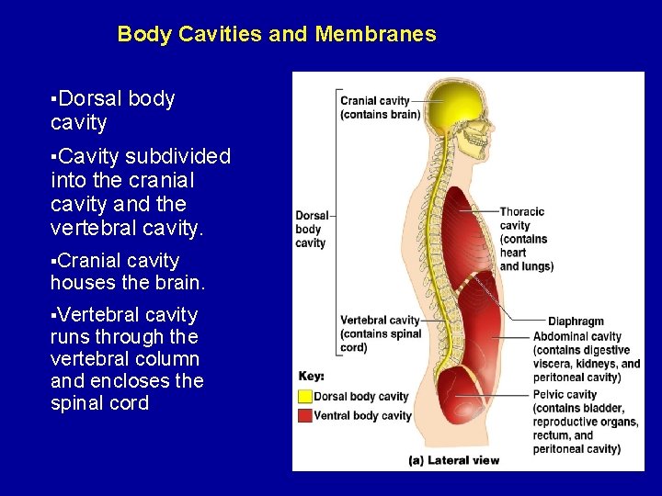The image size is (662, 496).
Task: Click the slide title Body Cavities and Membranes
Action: click(277, 35)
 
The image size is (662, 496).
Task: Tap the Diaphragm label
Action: click(576, 321)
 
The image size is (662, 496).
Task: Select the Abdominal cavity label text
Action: click(586, 356)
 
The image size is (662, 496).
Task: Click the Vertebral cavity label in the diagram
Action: click(380, 333)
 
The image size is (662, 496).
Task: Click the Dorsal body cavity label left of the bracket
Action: click(310, 230)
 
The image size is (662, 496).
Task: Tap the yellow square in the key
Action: click(305, 397)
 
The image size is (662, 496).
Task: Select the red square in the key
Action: click(305, 415)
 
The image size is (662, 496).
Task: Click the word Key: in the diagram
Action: click(311, 377)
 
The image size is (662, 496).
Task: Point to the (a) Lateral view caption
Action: click(453, 458)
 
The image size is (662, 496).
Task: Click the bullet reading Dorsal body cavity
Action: click(112, 110)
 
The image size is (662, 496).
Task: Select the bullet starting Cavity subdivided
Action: click(141, 191)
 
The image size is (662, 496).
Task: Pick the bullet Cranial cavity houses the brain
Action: click(128, 272)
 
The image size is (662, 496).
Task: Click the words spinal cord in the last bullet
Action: click(99, 402)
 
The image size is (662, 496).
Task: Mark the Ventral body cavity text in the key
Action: click(362, 415)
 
